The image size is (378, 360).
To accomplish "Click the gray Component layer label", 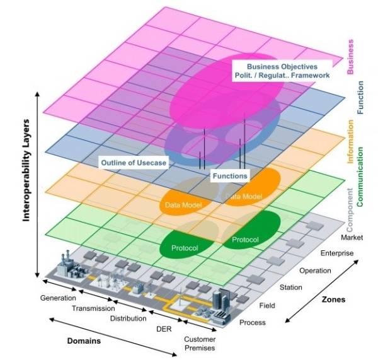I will [351, 204].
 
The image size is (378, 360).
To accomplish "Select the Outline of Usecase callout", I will [134, 163].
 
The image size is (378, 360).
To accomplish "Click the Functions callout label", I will [229, 176].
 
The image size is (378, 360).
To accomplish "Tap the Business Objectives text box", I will [281, 71].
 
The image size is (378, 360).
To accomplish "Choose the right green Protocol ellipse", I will [245, 240].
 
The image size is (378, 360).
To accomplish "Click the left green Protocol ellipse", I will [185, 248].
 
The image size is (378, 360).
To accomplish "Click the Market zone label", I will [351, 238].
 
